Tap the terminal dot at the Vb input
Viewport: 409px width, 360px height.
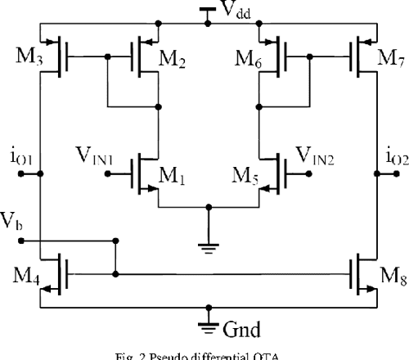coord(21,241)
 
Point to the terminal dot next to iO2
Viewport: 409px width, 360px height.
coord(377,173)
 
